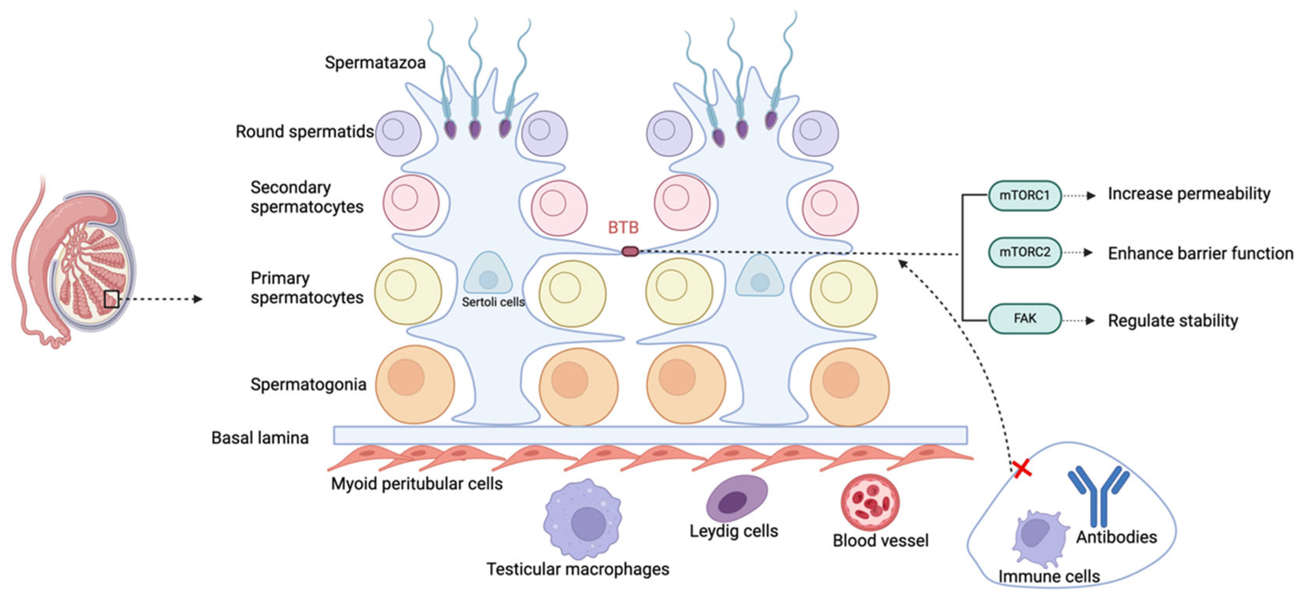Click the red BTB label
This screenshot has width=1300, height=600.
pos(623,228)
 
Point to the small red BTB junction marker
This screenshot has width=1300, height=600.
pos(630,251)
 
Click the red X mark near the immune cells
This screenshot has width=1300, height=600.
pos(1022,469)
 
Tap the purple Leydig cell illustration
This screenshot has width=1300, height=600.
pos(736,498)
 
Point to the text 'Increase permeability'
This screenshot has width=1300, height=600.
pos(1188,194)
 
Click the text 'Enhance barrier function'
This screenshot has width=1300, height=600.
pos(1200,253)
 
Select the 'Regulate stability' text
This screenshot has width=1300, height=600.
pos(1172,321)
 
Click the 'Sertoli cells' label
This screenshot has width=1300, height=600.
pos(493,302)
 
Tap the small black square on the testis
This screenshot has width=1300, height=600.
pos(112,299)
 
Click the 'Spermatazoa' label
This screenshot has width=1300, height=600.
pos(375,63)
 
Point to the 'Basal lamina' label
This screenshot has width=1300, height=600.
pos(260,437)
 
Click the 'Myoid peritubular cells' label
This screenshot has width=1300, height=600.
pos(417,483)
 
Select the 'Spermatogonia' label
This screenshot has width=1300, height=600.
pos(308,384)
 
